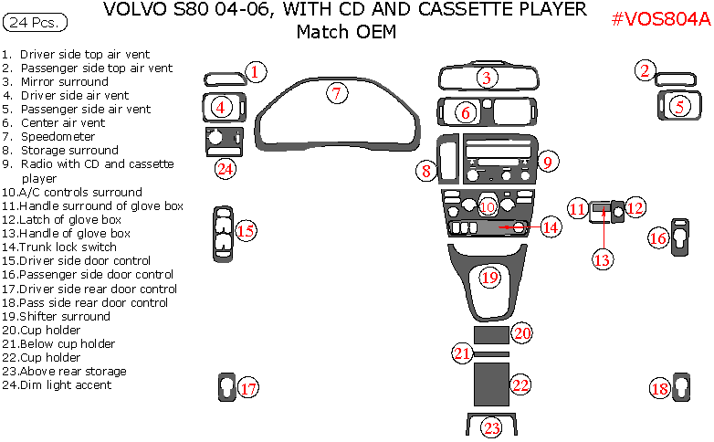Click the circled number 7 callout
coord(336,92)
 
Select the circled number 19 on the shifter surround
coord(490,277)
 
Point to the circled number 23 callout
coord(491,427)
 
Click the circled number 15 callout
coord(246,231)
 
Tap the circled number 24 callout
coord(226,168)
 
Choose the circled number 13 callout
coord(602,259)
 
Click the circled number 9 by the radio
coord(547,163)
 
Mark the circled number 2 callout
coord(646,70)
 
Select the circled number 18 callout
coord(659,388)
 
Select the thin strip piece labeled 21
coord(490,353)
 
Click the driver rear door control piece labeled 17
coord(226,387)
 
